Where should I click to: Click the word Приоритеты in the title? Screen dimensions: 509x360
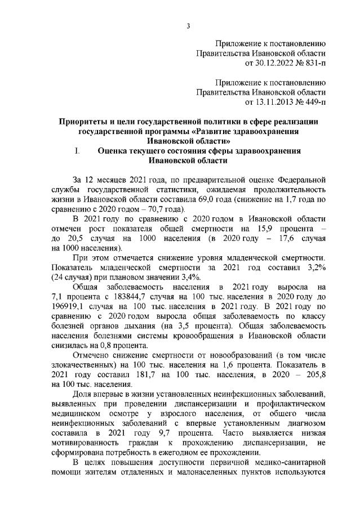click(85, 122)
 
